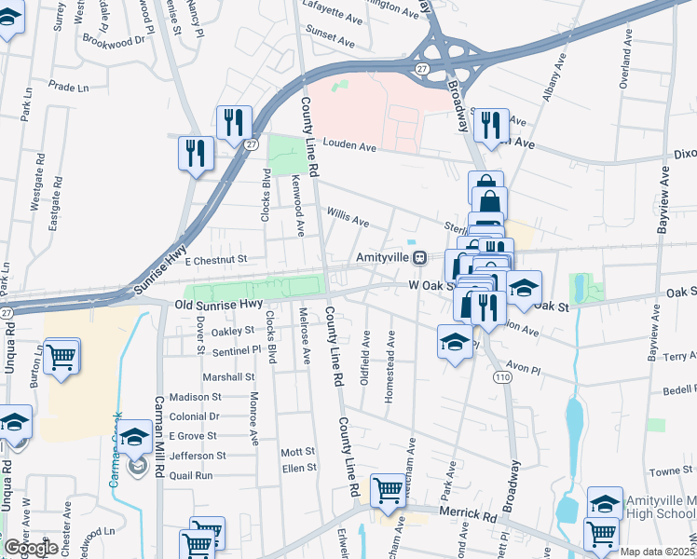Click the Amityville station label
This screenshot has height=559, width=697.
pyautogui.click(x=383, y=256)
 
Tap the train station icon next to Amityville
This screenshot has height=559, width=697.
pyautogui.click(x=421, y=257)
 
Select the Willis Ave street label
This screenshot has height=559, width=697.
pyautogui.click(x=348, y=218)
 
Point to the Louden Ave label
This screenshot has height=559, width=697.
pyautogui.click(x=349, y=147)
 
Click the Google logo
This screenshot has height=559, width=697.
pyautogui.click(x=31, y=548)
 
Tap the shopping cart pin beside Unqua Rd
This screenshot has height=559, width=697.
pyautogui.click(x=61, y=355)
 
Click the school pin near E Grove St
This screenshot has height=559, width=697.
pyautogui.click(x=135, y=437)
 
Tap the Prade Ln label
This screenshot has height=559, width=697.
pyautogui.click(x=67, y=87)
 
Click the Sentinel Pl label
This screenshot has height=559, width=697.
pyautogui.click(x=236, y=348)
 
